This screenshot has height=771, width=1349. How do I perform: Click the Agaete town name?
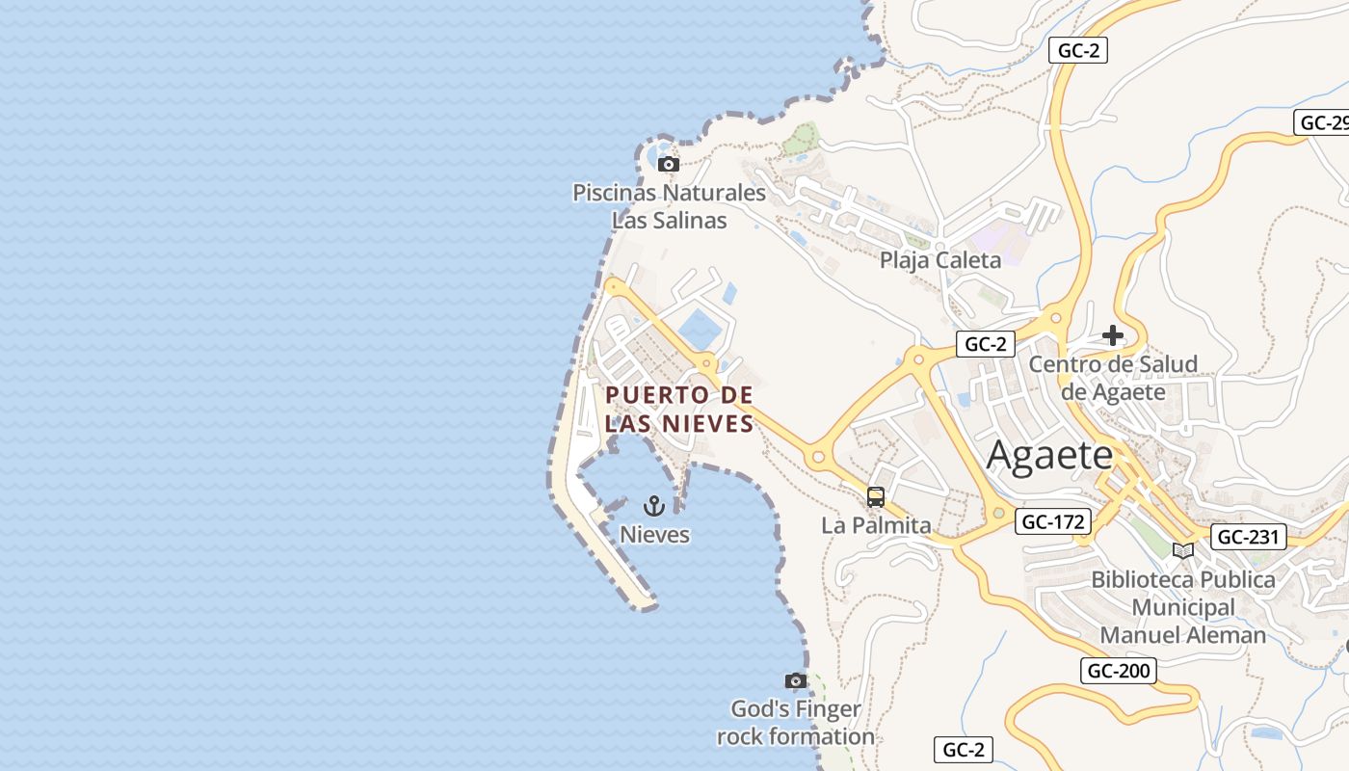pos(1049,455)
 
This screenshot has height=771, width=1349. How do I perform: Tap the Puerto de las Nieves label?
pos(679,409)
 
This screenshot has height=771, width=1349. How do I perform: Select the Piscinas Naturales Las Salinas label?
pos(669,206)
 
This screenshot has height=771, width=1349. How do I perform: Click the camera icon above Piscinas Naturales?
pos(668,165)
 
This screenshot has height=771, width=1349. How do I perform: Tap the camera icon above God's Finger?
pos(795,681)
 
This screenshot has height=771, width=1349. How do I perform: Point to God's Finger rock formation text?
pos(795,723)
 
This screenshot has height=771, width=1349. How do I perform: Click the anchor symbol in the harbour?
pos(654,505)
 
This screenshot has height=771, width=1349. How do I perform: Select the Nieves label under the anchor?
pos(654,534)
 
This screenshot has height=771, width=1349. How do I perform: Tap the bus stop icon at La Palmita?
pos(875,497)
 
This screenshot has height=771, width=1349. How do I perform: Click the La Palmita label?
pos(876,525)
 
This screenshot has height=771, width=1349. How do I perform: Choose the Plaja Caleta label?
pos(939,260)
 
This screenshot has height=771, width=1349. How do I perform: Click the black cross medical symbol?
pos(1113,335)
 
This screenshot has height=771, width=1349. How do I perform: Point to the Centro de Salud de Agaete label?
pos(1113,378)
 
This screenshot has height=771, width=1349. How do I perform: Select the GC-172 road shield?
pos(1053,522)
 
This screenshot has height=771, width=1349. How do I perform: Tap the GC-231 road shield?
pos(1249,537)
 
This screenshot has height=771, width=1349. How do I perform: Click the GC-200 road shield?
pos(1118,671)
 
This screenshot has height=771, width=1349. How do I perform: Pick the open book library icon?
pos(1182,550)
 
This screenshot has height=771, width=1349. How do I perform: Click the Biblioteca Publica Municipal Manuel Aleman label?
pos(1182,607)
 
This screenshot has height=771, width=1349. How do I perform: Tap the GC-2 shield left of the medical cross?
pos(986,344)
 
